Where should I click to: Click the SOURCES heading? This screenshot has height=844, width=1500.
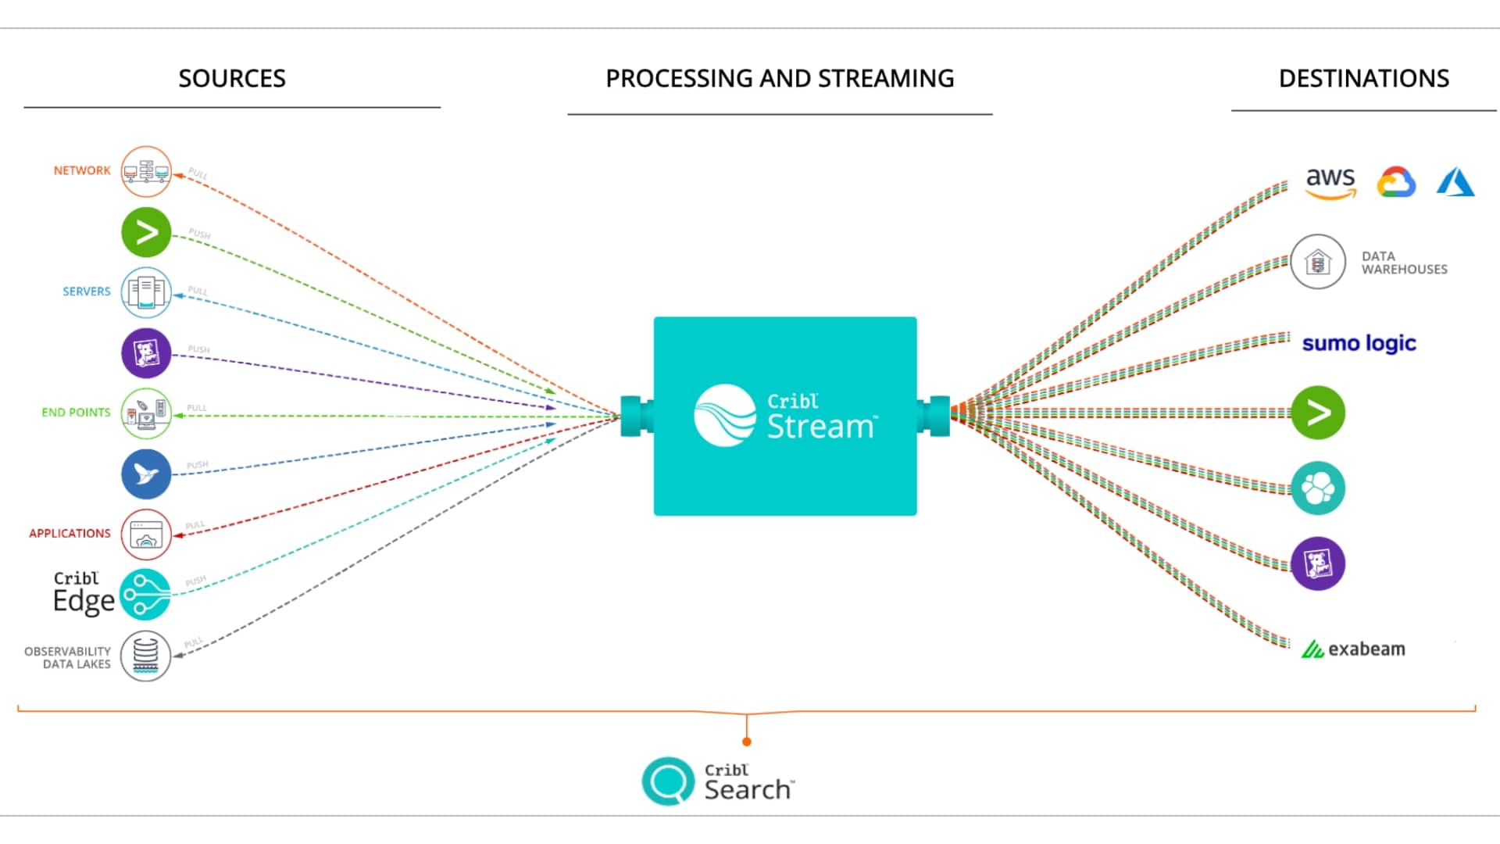click(x=232, y=78)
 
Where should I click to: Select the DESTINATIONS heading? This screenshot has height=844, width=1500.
click(x=1363, y=78)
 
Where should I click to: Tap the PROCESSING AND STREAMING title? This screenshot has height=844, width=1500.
click(x=780, y=78)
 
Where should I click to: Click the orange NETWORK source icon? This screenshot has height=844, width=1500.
click(x=146, y=171)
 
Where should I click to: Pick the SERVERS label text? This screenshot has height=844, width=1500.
click(x=87, y=291)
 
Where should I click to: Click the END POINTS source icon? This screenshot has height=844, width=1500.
click(x=146, y=413)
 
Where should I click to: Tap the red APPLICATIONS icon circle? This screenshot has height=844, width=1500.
click(x=146, y=535)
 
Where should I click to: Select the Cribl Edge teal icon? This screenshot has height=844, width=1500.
click(x=145, y=595)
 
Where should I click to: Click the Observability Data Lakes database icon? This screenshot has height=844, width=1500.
click(x=146, y=656)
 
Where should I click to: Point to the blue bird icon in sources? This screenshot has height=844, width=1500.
click(x=146, y=474)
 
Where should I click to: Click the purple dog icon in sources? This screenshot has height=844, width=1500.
click(x=146, y=353)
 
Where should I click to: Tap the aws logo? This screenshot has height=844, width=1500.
click(x=1330, y=182)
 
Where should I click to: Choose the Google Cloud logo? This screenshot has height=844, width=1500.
click(x=1396, y=182)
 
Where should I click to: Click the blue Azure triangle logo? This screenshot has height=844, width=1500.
click(x=1455, y=182)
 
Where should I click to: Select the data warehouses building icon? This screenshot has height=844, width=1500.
click(x=1318, y=262)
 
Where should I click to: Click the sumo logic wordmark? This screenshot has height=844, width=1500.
click(x=1359, y=343)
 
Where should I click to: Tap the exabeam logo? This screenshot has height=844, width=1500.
click(x=1353, y=649)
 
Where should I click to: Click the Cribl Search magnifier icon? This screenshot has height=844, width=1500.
click(x=668, y=781)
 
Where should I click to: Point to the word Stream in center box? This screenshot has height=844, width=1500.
click(x=820, y=427)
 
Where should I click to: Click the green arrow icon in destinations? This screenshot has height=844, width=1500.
click(x=1318, y=413)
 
